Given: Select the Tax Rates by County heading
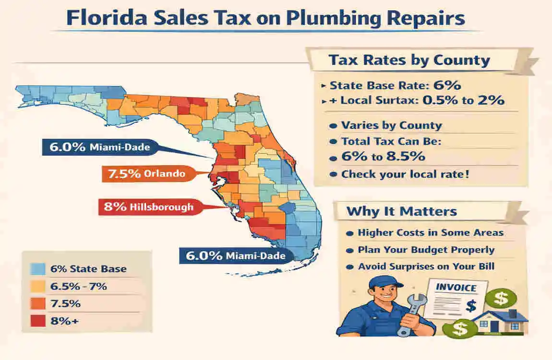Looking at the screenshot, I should pyautogui.click(x=409, y=60).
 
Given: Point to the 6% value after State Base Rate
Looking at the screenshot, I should pyautogui.click(x=447, y=85).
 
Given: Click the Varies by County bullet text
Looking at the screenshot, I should pyautogui.click(x=391, y=125).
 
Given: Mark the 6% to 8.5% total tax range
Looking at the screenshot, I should pyautogui.click(x=384, y=157).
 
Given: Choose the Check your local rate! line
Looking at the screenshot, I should pyautogui.click(x=405, y=174).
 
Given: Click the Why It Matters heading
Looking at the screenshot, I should pyautogui.click(x=402, y=211).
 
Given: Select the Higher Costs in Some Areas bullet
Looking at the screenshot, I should pyautogui.click(x=431, y=233).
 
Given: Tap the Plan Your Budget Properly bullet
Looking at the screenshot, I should pyautogui.click(x=426, y=250).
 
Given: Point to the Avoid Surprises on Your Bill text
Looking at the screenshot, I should pyautogui.click(x=426, y=266).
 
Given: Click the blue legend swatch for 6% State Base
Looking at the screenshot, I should pyautogui.click(x=37, y=269).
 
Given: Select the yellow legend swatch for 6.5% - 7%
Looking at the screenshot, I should pyautogui.click(x=37, y=287).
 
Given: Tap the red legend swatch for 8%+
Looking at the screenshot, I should pyautogui.click(x=37, y=321).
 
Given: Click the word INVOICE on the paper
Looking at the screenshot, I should pyautogui.click(x=456, y=288).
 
